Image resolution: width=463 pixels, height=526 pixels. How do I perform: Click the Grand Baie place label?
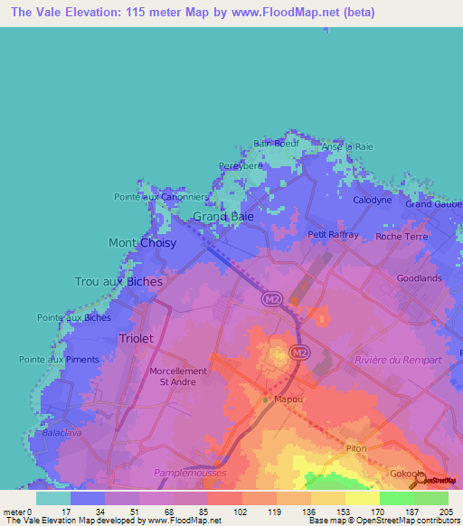pos(223,217)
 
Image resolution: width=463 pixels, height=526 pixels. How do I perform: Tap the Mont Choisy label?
pos(142,243)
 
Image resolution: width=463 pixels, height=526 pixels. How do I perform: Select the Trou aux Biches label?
pos(119,282)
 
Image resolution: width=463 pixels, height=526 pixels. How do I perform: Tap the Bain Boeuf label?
pos(275,143)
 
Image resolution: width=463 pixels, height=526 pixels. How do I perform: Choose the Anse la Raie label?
pos(347,146)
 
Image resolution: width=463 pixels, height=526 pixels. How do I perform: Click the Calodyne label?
pos(372,200)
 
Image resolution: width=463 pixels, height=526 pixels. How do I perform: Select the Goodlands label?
pos(419,278)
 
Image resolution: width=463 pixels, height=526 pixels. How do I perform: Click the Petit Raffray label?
pos(334,234)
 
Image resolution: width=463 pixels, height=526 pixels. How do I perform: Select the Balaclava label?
pos(61,434)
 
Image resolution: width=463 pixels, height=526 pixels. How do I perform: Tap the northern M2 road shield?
pos(269,297)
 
